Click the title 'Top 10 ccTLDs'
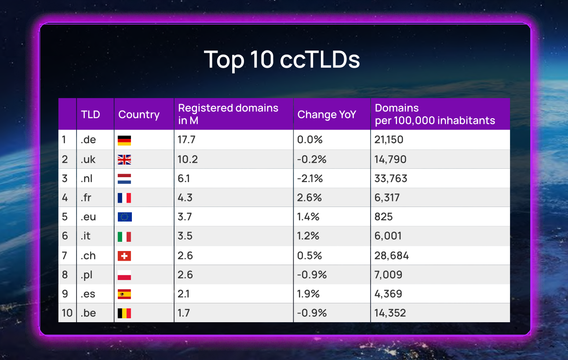pos(282,59)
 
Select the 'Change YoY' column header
pos(327,115)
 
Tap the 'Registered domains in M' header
pos(228,114)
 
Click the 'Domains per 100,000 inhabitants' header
pos(435,114)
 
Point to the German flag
pos(124,140)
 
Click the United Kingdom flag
pos(124,160)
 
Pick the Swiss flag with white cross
pos(124,256)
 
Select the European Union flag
pos(124,217)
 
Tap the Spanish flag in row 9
pos(124,294)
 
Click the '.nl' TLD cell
pos(87,178)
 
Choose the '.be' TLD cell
pos(88,313)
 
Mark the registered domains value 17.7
pos(186,140)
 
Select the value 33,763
pos(391,178)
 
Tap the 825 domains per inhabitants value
pos(384,217)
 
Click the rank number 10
pos(67,313)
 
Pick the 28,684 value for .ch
pos(392,255)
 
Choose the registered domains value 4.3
pos(186,198)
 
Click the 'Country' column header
pos(139,115)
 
